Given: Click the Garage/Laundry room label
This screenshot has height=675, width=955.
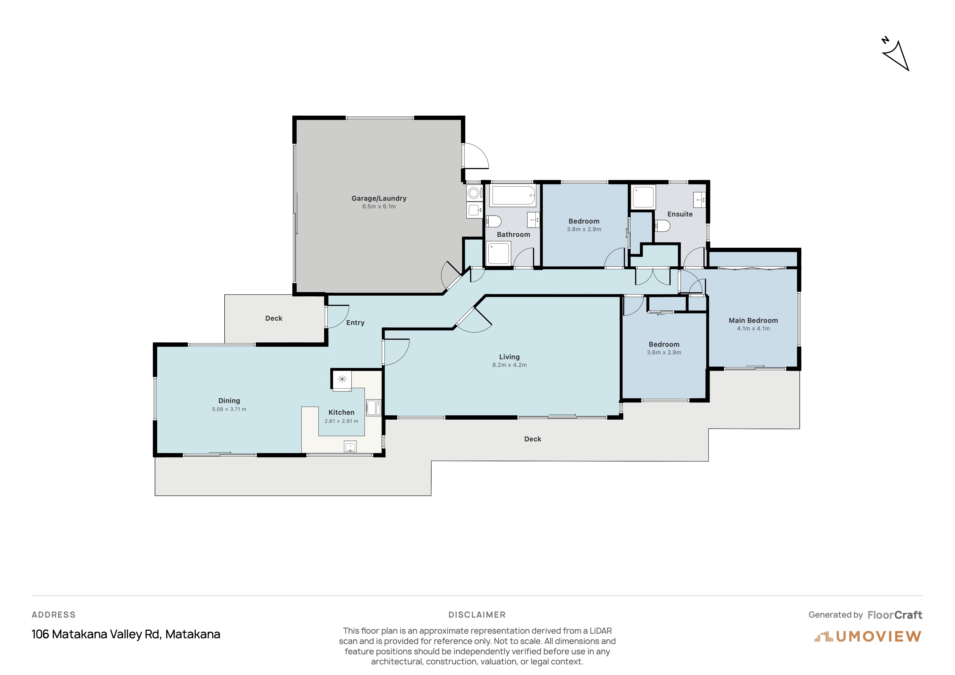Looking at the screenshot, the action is point(379,198).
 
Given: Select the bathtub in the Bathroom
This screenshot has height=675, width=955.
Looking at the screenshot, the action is point(512,196).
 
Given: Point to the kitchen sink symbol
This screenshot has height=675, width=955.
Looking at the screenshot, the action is point(350,447).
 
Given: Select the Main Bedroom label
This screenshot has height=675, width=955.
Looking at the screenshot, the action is point(753,321).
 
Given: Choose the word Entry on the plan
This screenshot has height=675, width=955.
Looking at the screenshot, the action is point(355,323).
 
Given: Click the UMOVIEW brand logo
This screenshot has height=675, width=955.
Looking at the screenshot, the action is point(868,636).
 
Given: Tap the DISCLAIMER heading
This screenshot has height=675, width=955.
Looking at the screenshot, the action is point(477,615).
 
